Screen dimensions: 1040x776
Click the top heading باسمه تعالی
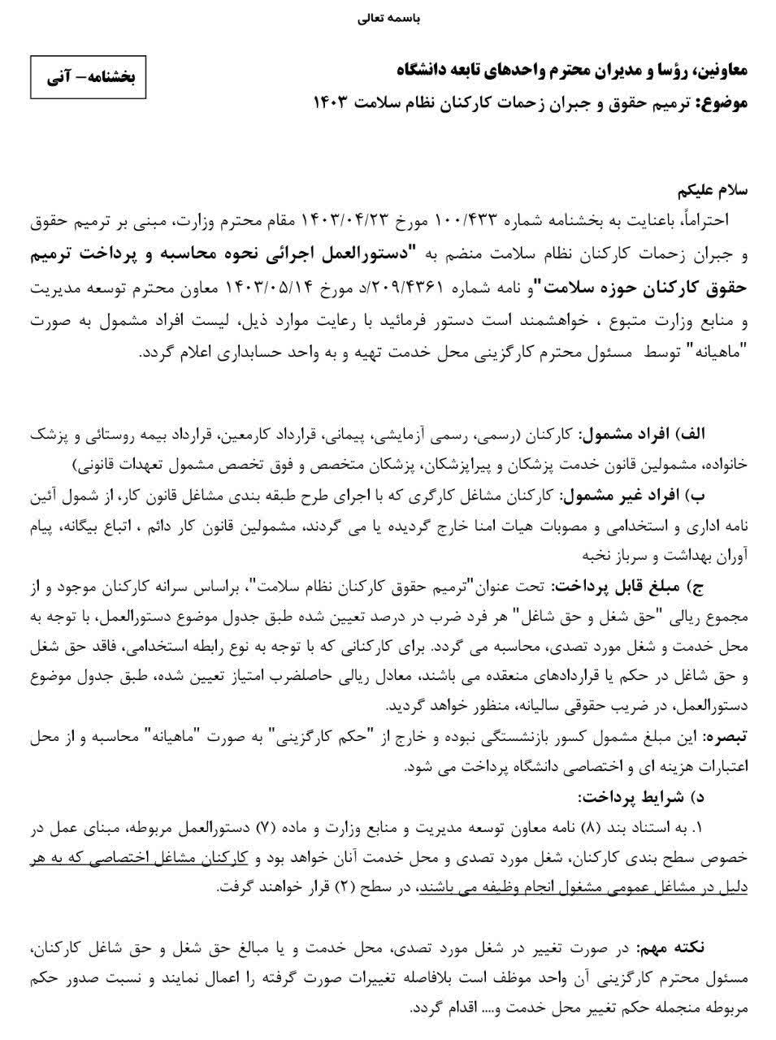point(388,17)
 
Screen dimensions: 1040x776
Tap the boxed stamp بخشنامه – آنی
point(88,78)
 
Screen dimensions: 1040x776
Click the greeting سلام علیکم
point(713,192)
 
